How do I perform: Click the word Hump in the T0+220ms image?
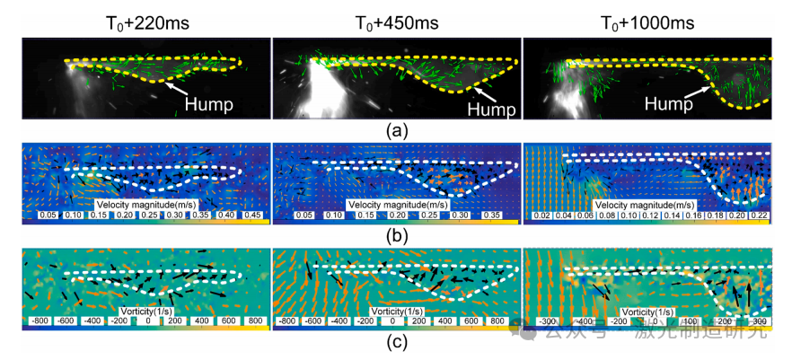pyautogui.click(x=209, y=103)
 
